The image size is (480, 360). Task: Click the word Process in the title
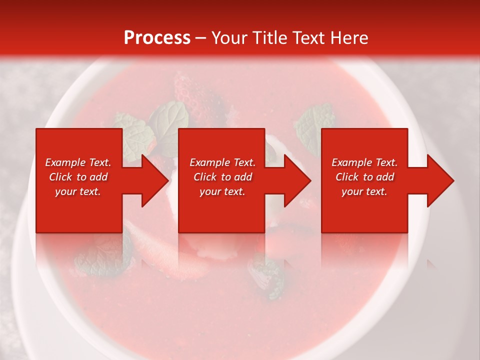157,38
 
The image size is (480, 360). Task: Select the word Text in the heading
310,38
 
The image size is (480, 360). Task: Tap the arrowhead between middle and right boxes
297,180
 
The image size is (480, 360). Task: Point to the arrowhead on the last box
440,180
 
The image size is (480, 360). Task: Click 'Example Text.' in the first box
78,162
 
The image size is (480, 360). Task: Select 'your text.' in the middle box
222,191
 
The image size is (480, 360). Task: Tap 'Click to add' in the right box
364,177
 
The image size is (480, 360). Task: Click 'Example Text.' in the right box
364,162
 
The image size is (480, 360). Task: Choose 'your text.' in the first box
78,191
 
